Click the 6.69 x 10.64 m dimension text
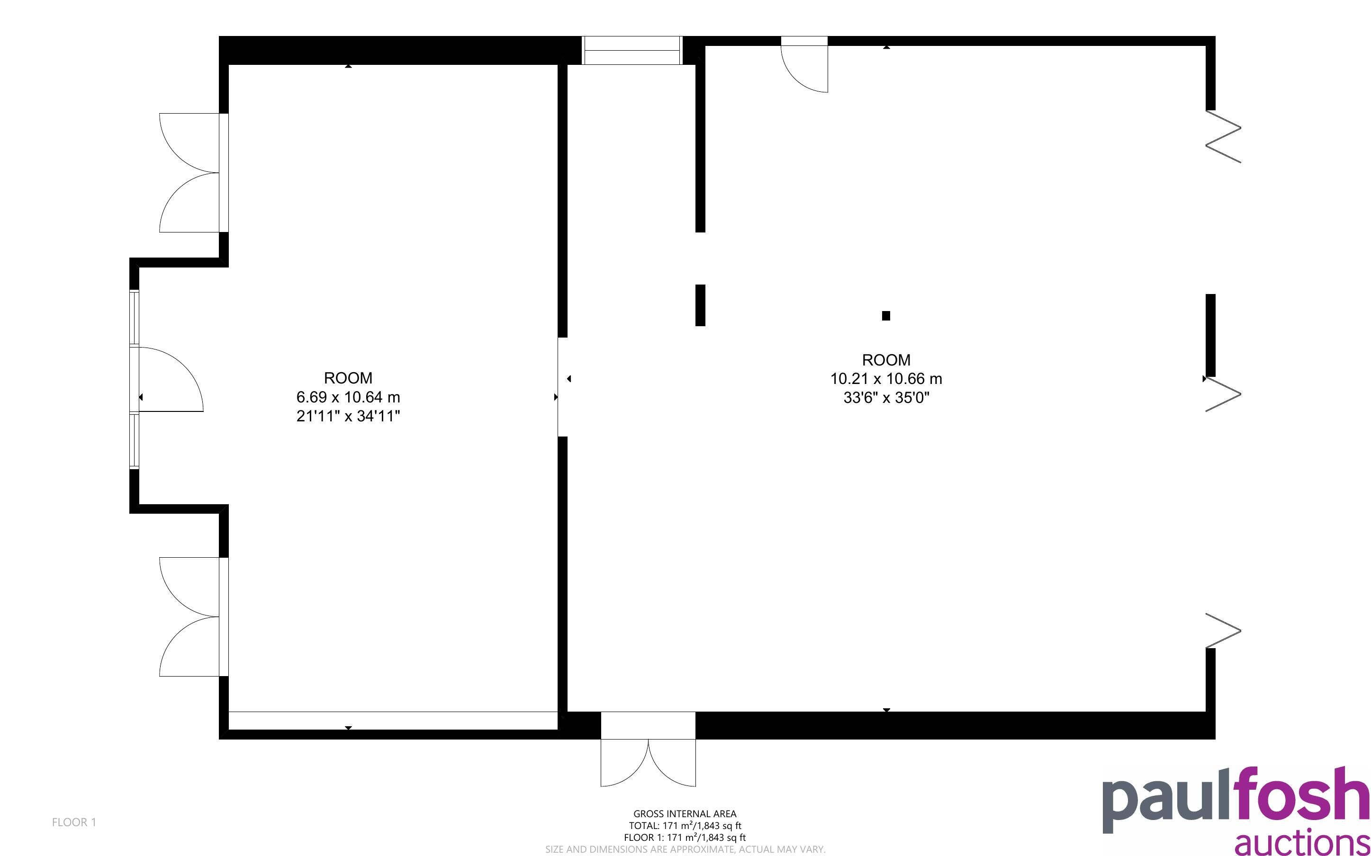point(348,397)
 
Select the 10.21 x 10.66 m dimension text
point(886,379)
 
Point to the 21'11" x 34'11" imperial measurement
point(348,416)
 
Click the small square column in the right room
point(886,316)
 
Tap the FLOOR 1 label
point(74,822)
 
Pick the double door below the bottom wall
point(648,763)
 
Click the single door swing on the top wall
point(804,63)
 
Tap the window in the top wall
point(631,50)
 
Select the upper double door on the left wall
point(194,173)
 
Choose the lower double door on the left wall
point(194,616)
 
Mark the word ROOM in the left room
point(348,378)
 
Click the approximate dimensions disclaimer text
point(685,849)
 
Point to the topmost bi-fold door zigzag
point(1223,136)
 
